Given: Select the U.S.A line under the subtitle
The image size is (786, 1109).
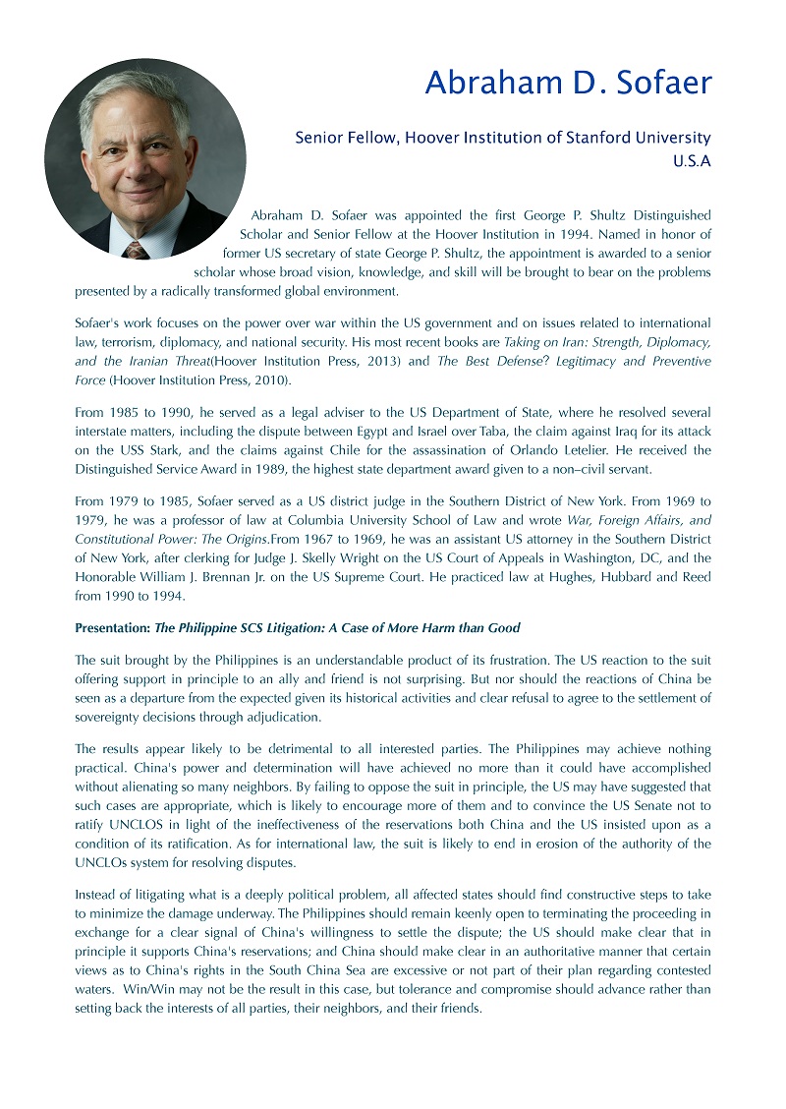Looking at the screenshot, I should (692, 161).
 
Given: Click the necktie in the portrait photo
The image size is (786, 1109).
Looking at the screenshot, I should (136, 249).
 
